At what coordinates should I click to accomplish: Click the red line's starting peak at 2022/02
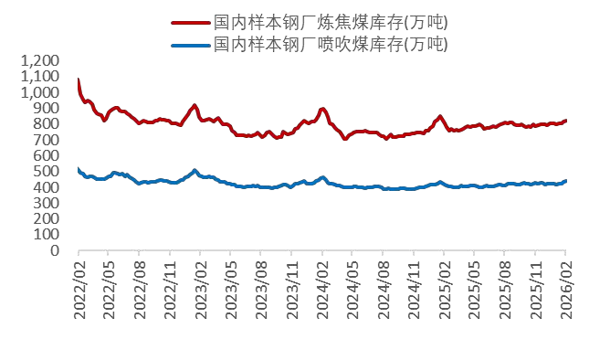(79, 79)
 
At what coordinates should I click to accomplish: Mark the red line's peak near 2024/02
(323, 109)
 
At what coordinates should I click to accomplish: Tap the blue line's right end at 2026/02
(565, 181)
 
